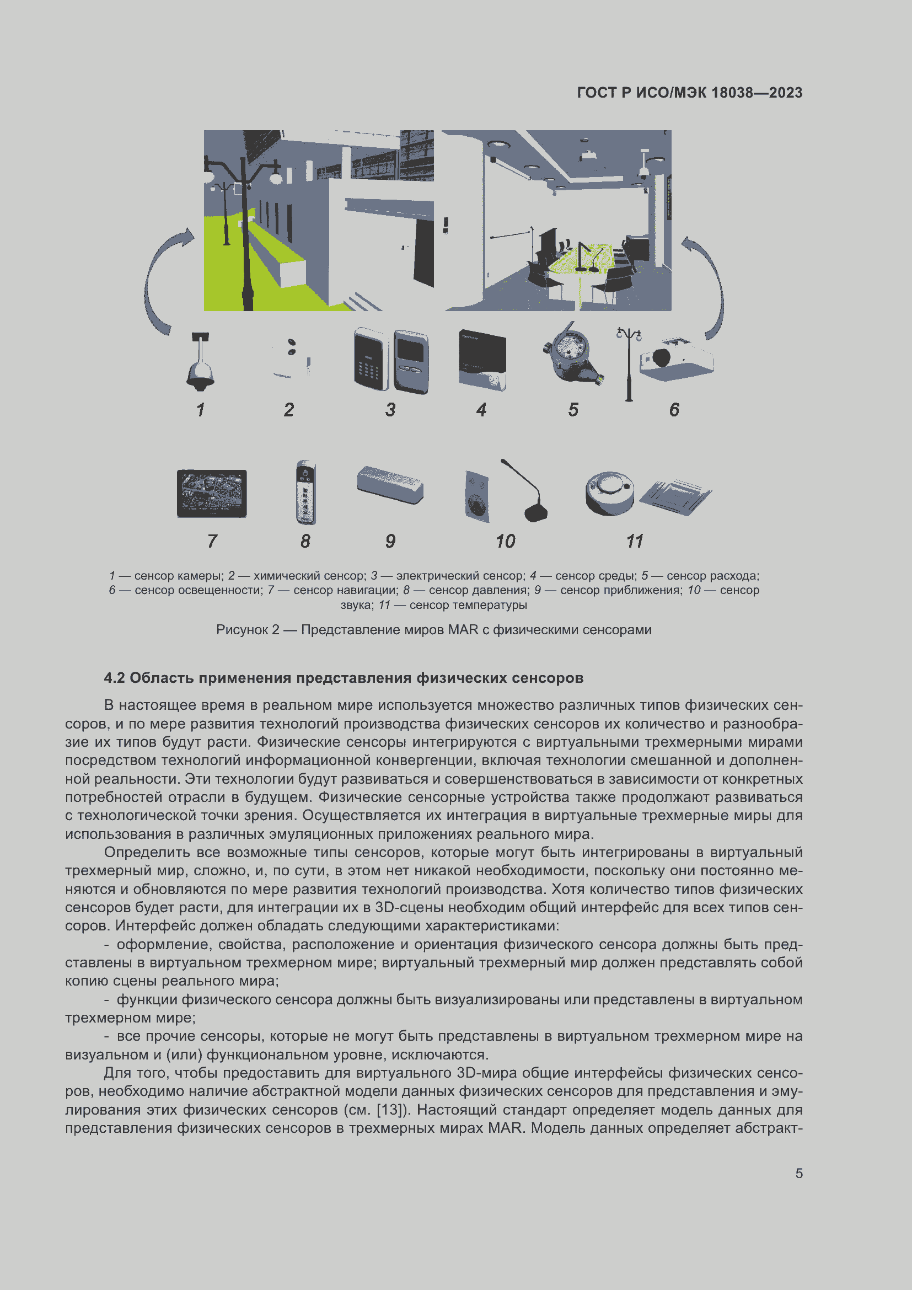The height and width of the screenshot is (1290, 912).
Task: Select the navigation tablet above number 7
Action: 212,493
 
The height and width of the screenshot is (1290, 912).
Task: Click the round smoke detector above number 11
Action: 609,492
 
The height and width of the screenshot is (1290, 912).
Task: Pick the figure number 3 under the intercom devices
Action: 390,410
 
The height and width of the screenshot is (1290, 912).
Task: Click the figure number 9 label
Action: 390,541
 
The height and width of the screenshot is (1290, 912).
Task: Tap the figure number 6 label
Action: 674,410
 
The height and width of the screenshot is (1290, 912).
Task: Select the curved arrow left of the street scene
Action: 162,281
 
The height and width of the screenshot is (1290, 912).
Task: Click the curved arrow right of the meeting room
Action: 708,287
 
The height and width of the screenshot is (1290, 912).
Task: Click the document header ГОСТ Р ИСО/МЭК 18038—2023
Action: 690,93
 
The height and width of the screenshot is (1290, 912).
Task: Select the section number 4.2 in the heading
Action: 115,678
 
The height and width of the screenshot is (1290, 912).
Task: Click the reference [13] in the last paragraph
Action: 389,1110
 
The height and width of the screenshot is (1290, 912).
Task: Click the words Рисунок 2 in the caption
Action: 248,630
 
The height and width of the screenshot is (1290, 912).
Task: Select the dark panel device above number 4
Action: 482,360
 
